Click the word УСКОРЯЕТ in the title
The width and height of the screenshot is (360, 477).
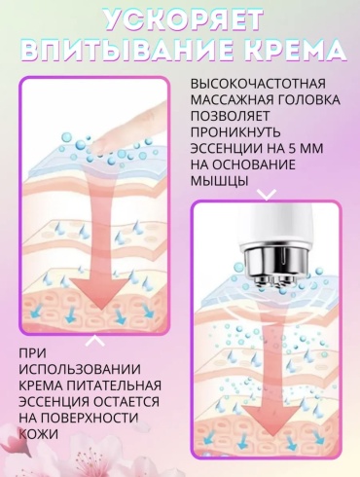[x=184, y=19]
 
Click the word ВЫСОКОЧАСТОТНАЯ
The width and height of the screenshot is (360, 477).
[x=258, y=84]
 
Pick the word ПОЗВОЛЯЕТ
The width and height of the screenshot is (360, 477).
[x=230, y=116]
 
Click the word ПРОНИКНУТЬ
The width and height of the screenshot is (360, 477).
[x=235, y=132]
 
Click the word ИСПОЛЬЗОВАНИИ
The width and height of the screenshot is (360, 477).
[x=80, y=369]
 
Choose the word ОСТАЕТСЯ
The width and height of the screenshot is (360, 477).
[x=126, y=402]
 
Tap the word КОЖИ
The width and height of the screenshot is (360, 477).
[x=39, y=434]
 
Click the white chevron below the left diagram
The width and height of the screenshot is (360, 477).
[x=95, y=341]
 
